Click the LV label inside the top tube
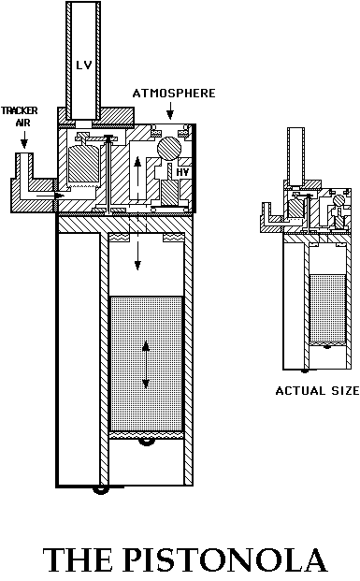click(x=82, y=64)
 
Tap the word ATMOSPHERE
click(x=174, y=94)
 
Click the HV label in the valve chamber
click(x=183, y=173)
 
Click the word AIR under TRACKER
click(x=24, y=123)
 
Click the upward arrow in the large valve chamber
click(x=137, y=174)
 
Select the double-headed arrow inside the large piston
click(x=146, y=367)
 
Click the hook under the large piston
click(x=146, y=442)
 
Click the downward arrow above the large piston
click(x=137, y=254)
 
